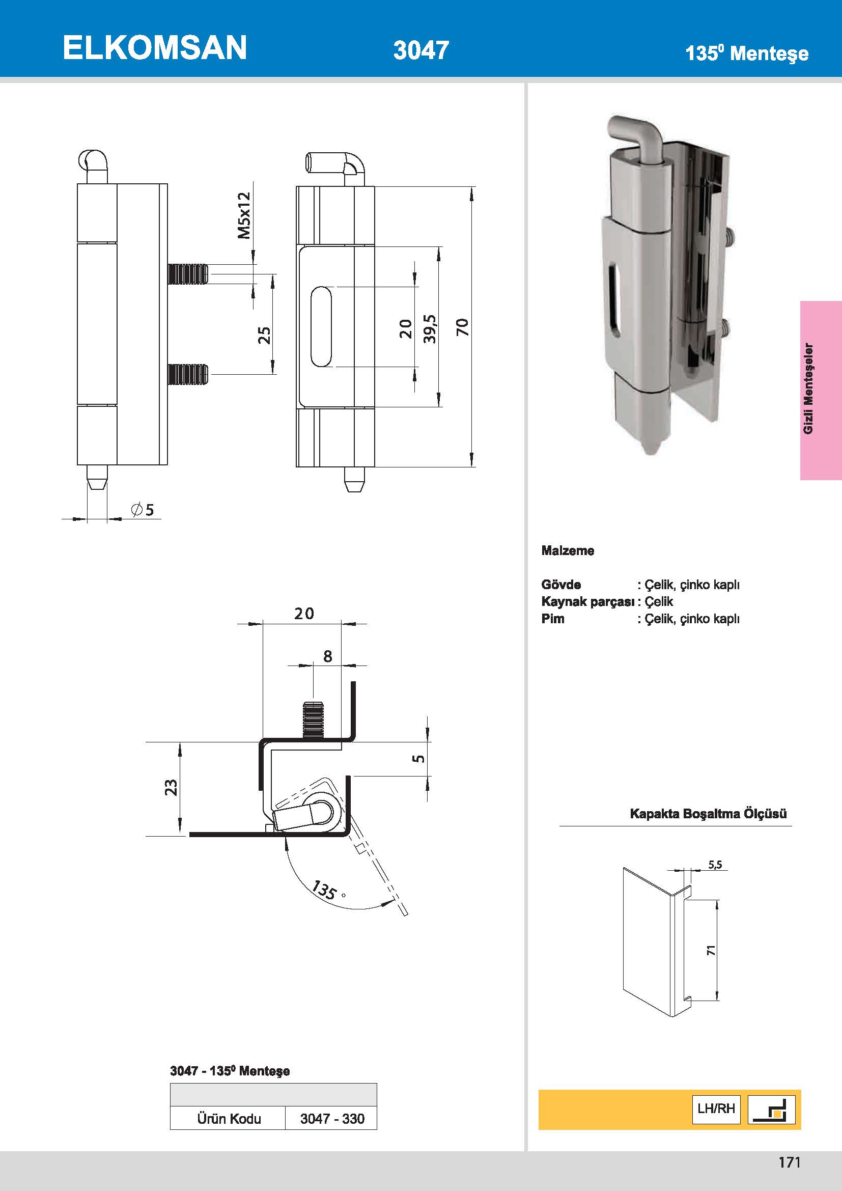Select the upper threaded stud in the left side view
coord(188,274)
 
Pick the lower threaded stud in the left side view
coord(188,374)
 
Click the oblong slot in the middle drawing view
coord(321,327)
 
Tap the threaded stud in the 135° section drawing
coord(313,719)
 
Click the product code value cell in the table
coord(331,1118)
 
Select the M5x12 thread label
coord(244,215)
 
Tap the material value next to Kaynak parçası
coord(658,602)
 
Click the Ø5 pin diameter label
coord(143,510)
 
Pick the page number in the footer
coord(789,1162)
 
